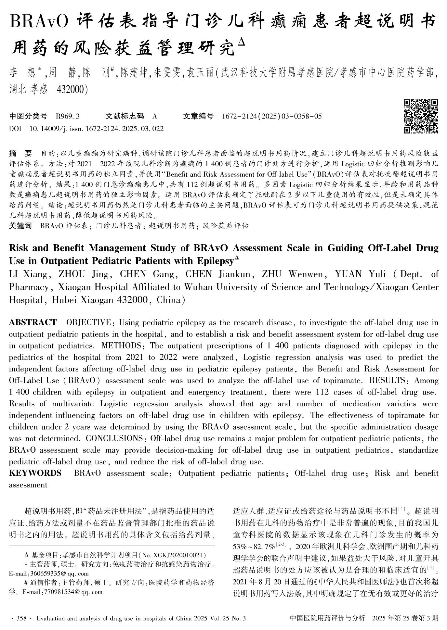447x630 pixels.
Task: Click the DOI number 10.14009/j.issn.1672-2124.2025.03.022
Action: click(97, 129)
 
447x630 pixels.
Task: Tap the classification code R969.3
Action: click(68, 116)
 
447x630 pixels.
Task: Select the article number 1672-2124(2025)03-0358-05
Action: click(272, 116)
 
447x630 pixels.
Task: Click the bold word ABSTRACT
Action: click(33, 322)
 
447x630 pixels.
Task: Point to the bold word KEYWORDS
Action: click(35, 473)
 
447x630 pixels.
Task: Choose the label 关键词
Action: click(20, 226)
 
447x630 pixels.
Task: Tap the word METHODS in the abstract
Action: click(122, 346)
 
